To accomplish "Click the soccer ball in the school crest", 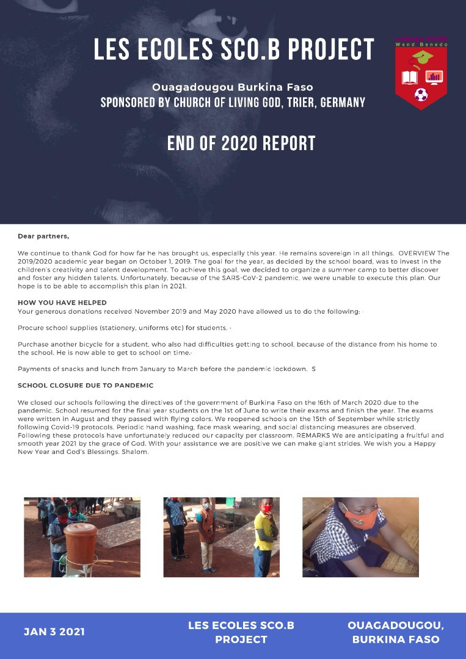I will point(421,95).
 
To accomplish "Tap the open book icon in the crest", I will point(409,77).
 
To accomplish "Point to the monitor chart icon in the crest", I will point(434,77).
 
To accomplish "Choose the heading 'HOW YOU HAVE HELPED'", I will point(62,303).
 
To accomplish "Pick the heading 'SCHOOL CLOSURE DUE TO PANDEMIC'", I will point(86,385).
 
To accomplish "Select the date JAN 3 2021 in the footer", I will point(54,632).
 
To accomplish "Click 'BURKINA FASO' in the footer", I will point(395,639).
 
